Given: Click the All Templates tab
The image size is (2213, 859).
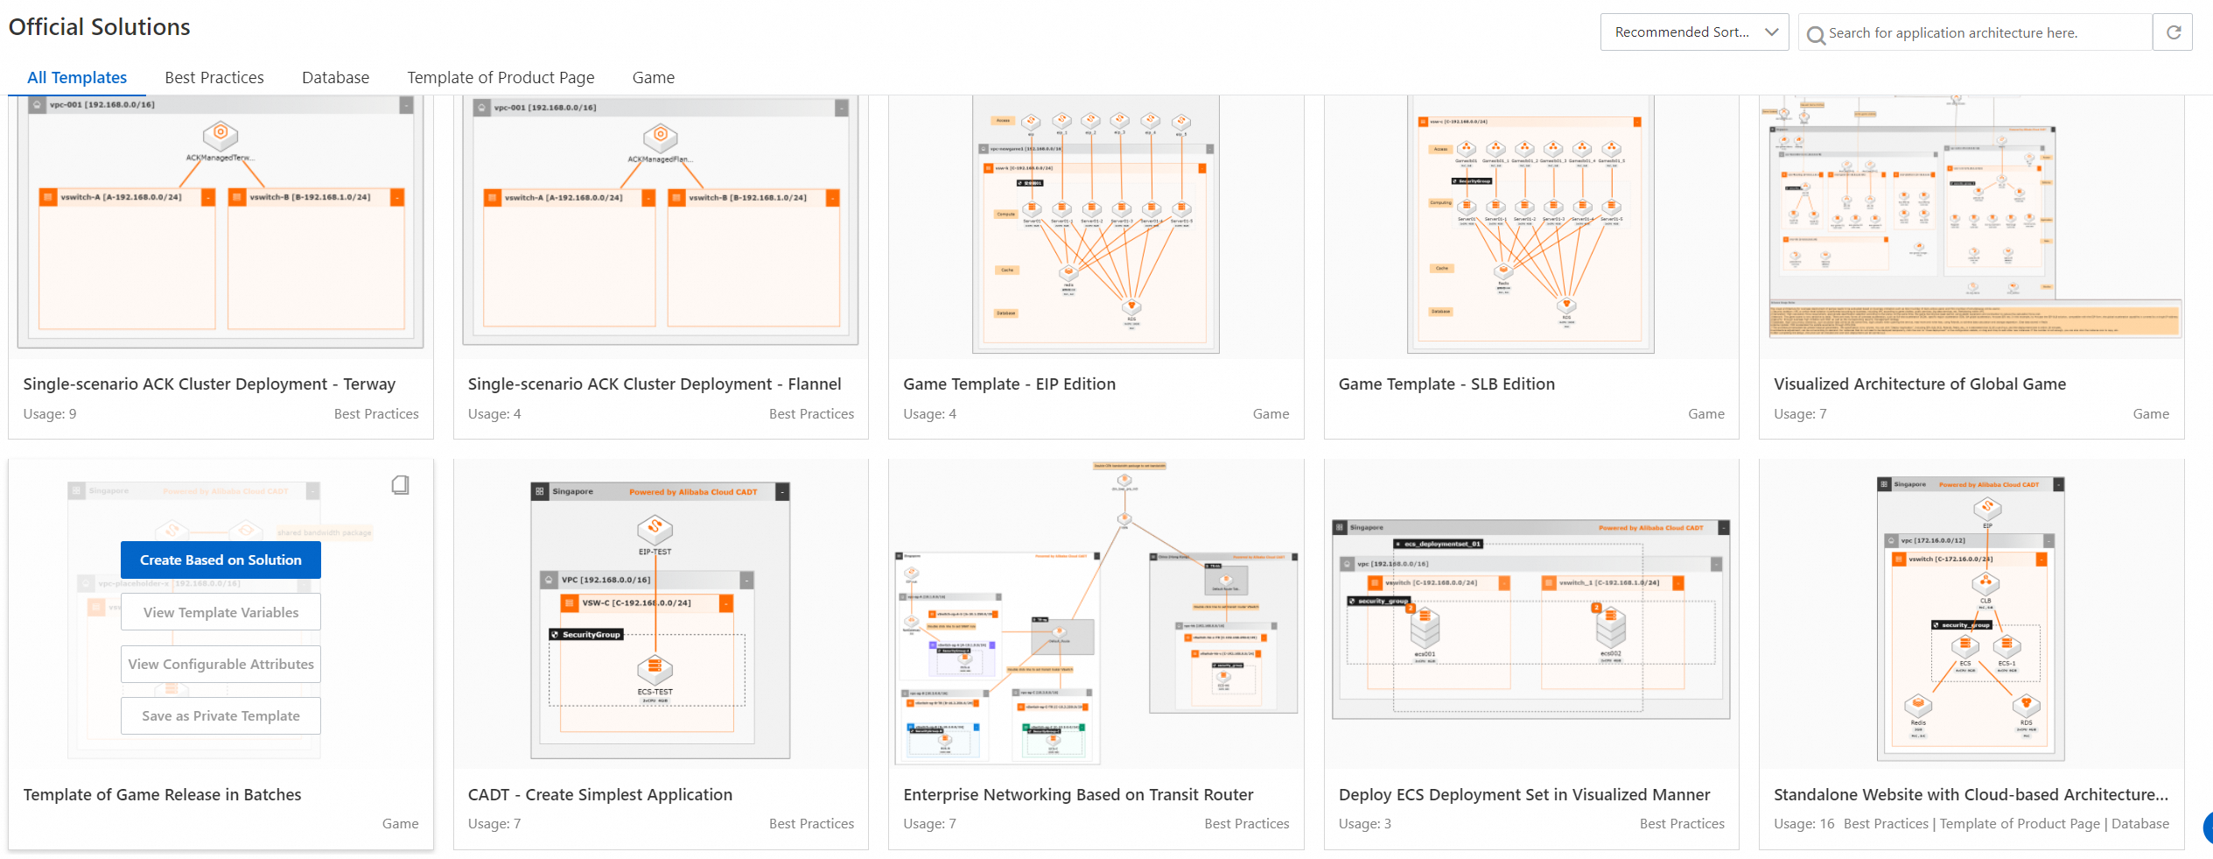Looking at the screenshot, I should point(77,78).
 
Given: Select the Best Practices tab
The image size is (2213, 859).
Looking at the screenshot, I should point(214,78).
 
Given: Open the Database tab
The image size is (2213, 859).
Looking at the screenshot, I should point(335,78).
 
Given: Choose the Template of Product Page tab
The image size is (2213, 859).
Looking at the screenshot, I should point(501,78).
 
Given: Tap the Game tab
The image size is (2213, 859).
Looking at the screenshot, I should point(653,78).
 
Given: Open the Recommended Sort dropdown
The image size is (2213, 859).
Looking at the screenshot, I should point(1694,32).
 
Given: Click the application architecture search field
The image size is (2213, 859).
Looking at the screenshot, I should point(1978,33).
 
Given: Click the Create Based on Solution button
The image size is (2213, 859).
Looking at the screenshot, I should point(221,560).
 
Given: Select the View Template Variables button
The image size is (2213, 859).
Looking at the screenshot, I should point(221,612).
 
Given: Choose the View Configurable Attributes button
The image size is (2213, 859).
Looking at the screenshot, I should point(221,664).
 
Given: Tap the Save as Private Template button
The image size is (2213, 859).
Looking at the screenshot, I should point(221,715).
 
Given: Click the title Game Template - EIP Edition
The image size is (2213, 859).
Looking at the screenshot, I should point(1009,384).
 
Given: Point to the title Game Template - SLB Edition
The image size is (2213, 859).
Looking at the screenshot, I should point(1446,384).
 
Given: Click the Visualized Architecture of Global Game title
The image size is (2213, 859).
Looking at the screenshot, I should point(1919,384).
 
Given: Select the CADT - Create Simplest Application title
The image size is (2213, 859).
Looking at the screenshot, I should point(600,794).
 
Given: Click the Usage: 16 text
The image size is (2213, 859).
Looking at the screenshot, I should point(1803,824).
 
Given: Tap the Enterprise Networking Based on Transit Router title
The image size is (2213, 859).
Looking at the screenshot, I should point(1078,794).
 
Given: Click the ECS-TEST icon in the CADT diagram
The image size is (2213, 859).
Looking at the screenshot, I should point(655,671).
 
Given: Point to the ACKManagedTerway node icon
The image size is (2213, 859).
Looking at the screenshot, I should point(221,136).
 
